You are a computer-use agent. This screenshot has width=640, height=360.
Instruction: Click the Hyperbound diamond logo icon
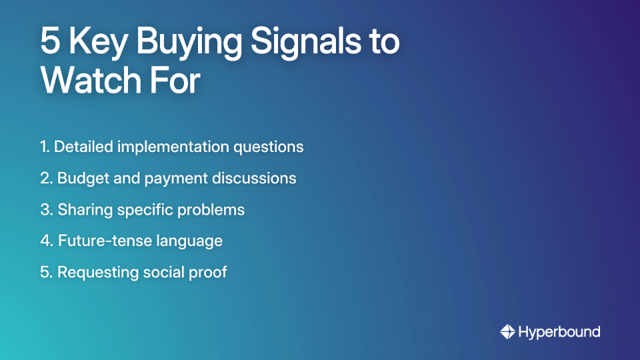(x=507, y=331)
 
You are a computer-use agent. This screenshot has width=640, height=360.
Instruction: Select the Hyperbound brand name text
(x=560, y=331)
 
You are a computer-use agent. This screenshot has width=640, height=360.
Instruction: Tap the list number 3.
(x=45, y=209)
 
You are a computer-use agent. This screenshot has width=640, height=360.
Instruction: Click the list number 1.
(x=44, y=147)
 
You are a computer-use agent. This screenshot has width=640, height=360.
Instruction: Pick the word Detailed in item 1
(x=84, y=147)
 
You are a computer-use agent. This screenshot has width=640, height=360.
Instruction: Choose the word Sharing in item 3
(x=82, y=209)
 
